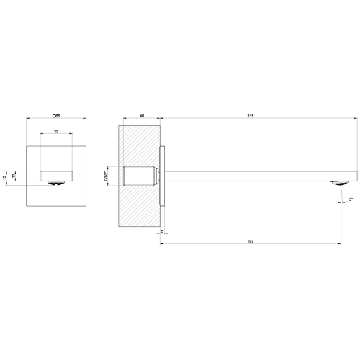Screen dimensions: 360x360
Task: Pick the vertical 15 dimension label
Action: [6, 177]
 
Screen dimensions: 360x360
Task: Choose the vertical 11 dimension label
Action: [14, 176]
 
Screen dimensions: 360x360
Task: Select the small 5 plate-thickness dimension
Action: [163, 231]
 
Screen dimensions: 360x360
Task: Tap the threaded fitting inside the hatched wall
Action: [140, 176]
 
